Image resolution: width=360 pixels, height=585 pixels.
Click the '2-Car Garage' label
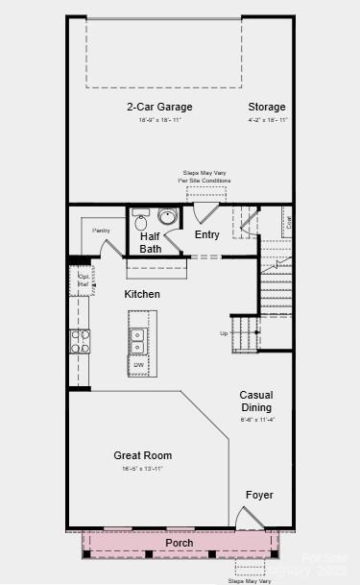[x=159, y=107]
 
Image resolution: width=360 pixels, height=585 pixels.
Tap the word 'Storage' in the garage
[x=266, y=107]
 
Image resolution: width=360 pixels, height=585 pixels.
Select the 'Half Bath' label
[x=151, y=242]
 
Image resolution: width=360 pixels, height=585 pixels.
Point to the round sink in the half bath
[x=167, y=216]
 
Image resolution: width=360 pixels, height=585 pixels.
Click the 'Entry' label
[x=206, y=234]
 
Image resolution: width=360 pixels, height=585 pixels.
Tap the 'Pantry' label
[x=101, y=231]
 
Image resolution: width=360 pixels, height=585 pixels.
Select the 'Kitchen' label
[x=141, y=294]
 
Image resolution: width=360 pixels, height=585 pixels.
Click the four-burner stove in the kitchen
[x=79, y=341]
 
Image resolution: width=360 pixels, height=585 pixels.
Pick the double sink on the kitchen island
[x=137, y=341]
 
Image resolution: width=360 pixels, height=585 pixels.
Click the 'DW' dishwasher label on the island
[x=138, y=365]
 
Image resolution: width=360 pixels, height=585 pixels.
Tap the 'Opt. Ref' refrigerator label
[x=84, y=280]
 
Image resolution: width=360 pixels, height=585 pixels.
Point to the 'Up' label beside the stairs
[x=225, y=333]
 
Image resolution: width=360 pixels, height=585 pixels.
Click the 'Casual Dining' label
[x=256, y=401]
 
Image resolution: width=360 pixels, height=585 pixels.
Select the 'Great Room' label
[x=142, y=455]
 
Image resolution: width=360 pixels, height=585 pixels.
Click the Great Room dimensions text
[x=142, y=468]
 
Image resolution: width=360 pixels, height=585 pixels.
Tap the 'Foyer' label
[x=259, y=495]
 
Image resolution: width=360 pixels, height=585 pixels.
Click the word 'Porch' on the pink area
[x=179, y=543]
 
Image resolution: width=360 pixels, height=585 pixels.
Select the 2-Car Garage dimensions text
[x=159, y=120]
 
